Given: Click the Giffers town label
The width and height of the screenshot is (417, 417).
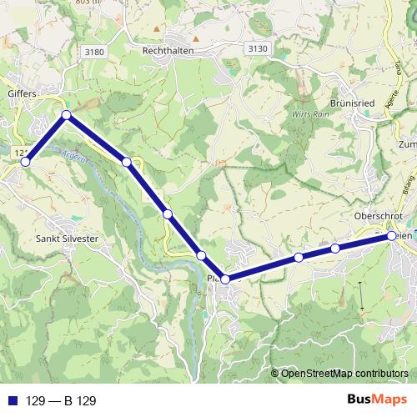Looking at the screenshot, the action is pos(22,94).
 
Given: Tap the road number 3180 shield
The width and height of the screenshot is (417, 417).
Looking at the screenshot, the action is pos(95,52).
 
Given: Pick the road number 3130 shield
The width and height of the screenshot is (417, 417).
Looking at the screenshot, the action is pos(258,50).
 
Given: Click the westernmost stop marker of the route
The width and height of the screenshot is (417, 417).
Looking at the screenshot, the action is pos(25,162).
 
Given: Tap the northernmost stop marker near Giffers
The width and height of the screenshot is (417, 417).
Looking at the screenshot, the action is pos(65,115).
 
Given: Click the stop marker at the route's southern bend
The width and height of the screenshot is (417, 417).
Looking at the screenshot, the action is pos(225,279).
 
